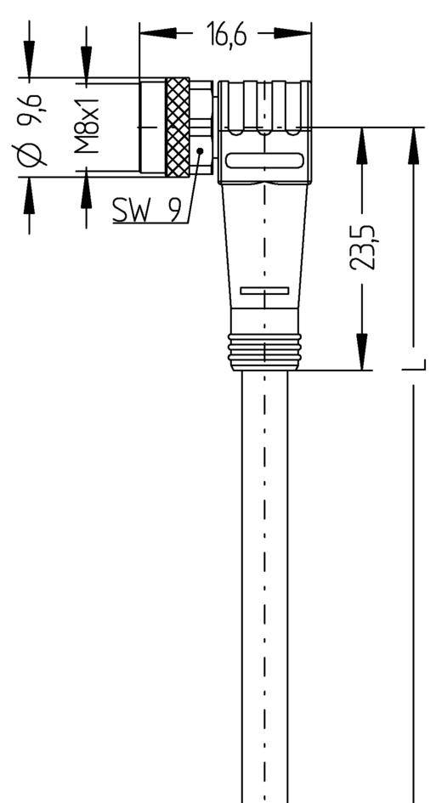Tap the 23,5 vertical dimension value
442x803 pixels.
point(363,248)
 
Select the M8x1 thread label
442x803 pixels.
point(88,127)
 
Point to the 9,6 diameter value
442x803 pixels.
point(33,106)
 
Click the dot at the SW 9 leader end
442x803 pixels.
point(199,151)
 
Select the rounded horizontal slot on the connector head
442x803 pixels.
point(264,161)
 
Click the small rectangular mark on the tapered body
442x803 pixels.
point(264,291)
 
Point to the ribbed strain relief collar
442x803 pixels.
point(264,349)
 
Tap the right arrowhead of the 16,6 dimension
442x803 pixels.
point(302,34)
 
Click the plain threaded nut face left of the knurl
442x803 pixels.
point(153,127)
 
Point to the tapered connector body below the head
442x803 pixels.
point(264,246)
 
